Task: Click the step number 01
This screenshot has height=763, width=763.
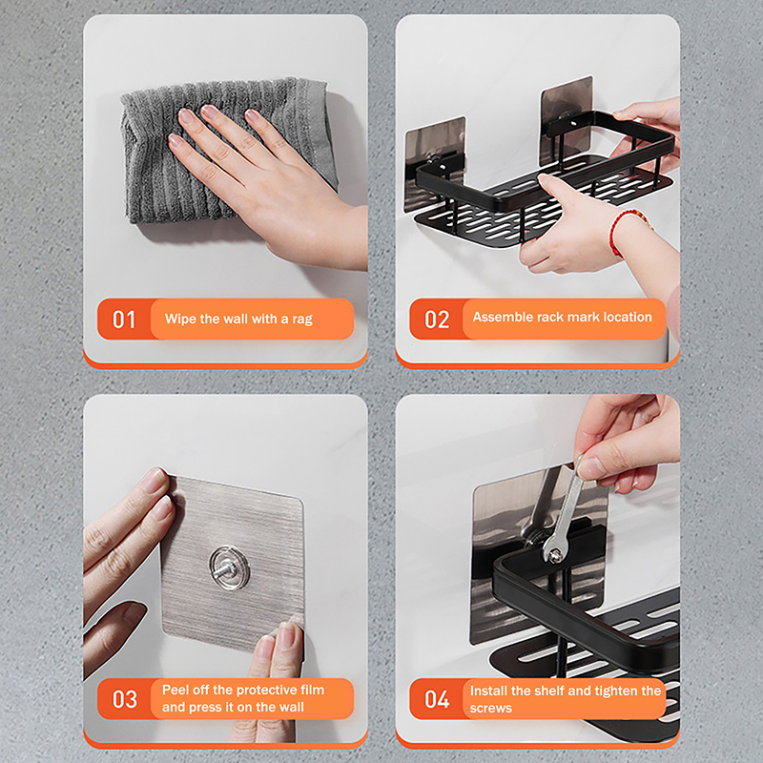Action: click(124, 320)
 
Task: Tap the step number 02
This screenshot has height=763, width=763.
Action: click(437, 320)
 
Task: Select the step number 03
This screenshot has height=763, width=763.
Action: click(125, 699)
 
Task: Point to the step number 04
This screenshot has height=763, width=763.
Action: click(437, 699)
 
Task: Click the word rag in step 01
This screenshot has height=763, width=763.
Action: click(302, 320)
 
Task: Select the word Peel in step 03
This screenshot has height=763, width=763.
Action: click(175, 690)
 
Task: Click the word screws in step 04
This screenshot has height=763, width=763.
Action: click(491, 708)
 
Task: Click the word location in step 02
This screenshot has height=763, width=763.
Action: click(628, 317)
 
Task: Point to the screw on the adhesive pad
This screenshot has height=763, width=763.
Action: click(228, 567)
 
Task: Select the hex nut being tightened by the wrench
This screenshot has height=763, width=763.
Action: click(554, 555)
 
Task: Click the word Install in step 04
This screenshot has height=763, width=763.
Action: click(488, 691)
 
